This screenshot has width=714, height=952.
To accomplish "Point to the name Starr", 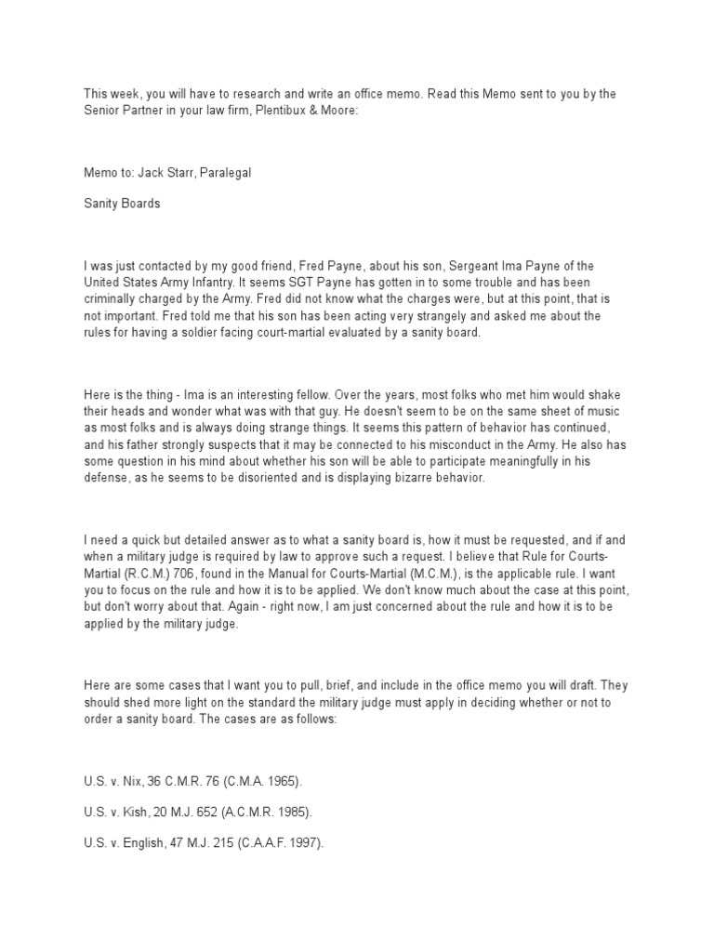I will tap(165, 172).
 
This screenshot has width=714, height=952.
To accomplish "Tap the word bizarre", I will tap(442, 479).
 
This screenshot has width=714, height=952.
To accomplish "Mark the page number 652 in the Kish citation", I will tap(207, 812).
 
